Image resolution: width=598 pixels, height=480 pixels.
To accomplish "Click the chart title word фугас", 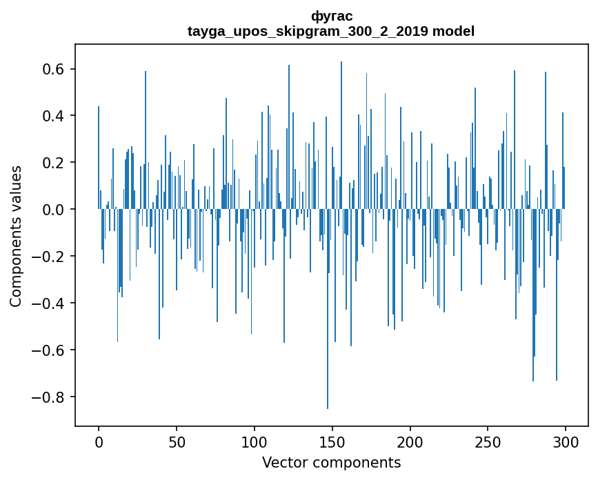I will (332, 16).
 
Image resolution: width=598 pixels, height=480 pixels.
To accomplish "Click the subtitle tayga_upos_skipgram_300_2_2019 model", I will (331, 31).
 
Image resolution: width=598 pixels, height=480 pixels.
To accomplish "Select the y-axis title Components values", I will (16, 236).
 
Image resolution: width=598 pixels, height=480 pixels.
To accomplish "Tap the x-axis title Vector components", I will (331, 462).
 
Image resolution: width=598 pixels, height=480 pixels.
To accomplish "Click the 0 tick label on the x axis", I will (99, 442).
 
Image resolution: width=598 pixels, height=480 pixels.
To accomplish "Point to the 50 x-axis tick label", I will (177, 442).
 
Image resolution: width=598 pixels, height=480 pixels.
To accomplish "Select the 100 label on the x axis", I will (255, 442).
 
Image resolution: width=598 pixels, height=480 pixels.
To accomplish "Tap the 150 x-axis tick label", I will (332, 442).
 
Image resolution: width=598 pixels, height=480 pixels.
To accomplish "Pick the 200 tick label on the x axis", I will (410, 442).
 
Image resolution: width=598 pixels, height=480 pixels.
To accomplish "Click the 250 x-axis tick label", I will (488, 442).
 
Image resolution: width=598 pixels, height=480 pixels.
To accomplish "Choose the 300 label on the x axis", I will (566, 442).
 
